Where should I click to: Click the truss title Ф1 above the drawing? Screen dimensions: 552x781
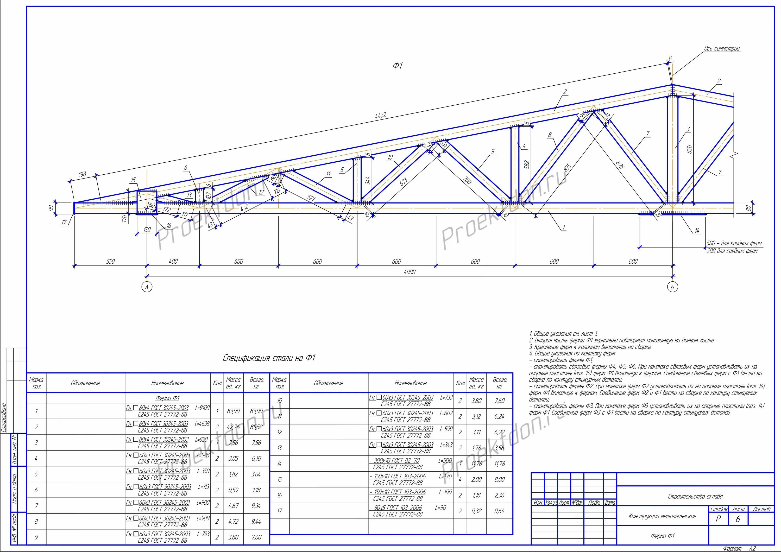398,66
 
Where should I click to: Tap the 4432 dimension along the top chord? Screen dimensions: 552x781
380,116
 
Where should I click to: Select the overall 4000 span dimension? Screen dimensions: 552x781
409,272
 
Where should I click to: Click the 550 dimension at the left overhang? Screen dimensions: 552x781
111,262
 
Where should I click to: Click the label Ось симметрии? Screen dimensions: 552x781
722,49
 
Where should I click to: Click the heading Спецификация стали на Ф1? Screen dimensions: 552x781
269,358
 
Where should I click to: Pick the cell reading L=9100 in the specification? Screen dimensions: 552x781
202,408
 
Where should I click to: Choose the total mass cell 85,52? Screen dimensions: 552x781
256,427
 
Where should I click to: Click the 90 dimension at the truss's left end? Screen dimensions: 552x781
51,208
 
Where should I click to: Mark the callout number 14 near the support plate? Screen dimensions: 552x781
697,231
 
